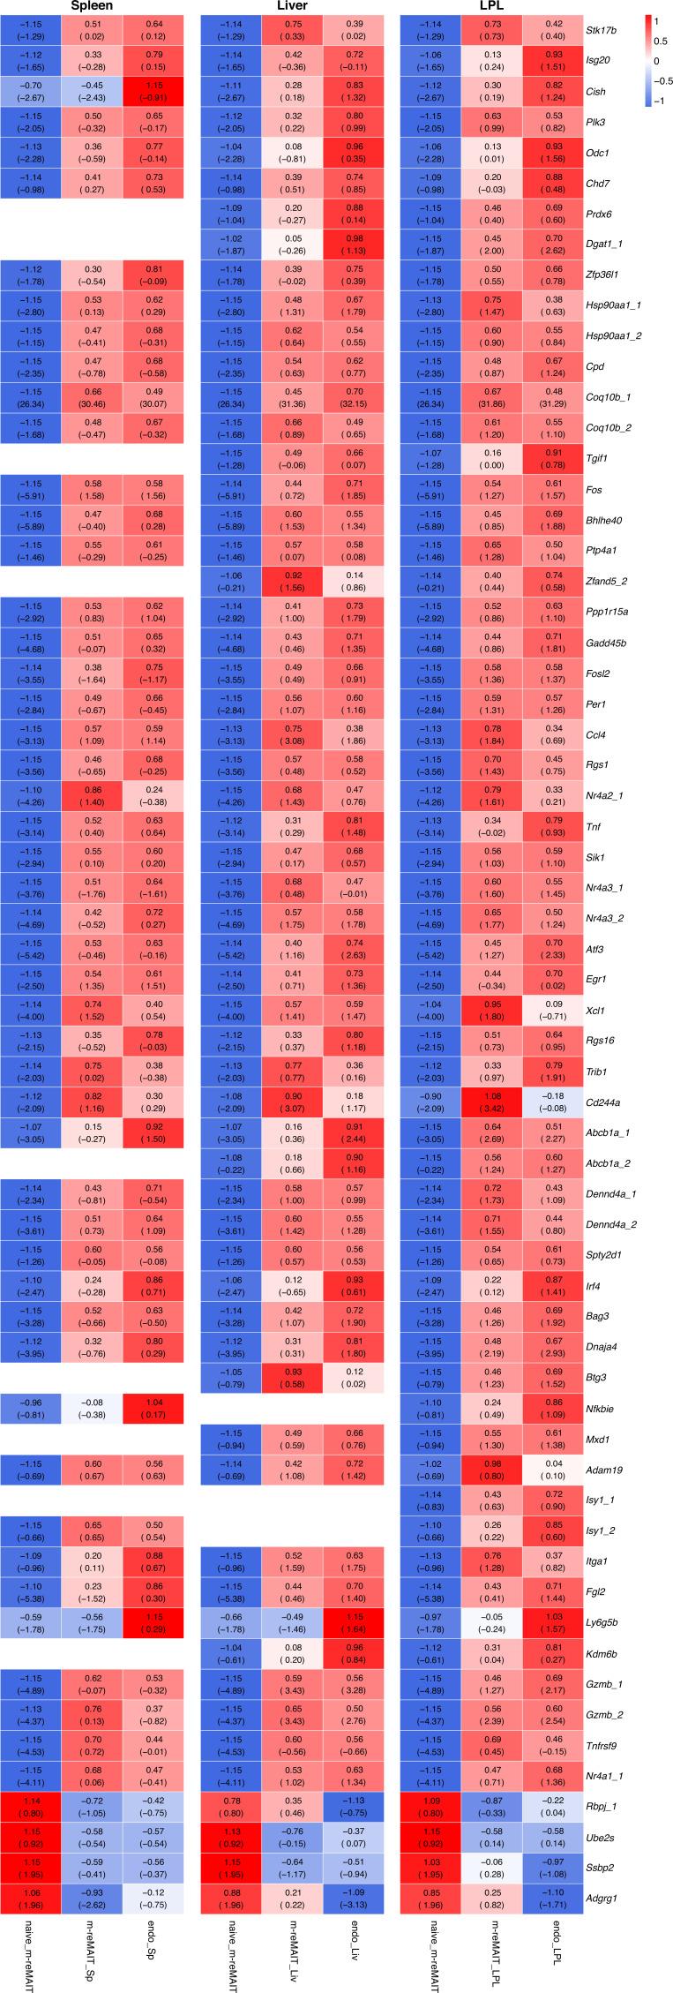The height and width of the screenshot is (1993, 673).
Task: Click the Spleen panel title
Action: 92,7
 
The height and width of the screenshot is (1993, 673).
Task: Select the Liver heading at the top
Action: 292,7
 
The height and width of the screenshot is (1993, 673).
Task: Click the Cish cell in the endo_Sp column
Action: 153,92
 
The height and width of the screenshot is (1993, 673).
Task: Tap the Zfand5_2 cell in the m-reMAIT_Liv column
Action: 292,581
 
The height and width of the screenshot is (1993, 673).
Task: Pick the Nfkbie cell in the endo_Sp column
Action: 153,1408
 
